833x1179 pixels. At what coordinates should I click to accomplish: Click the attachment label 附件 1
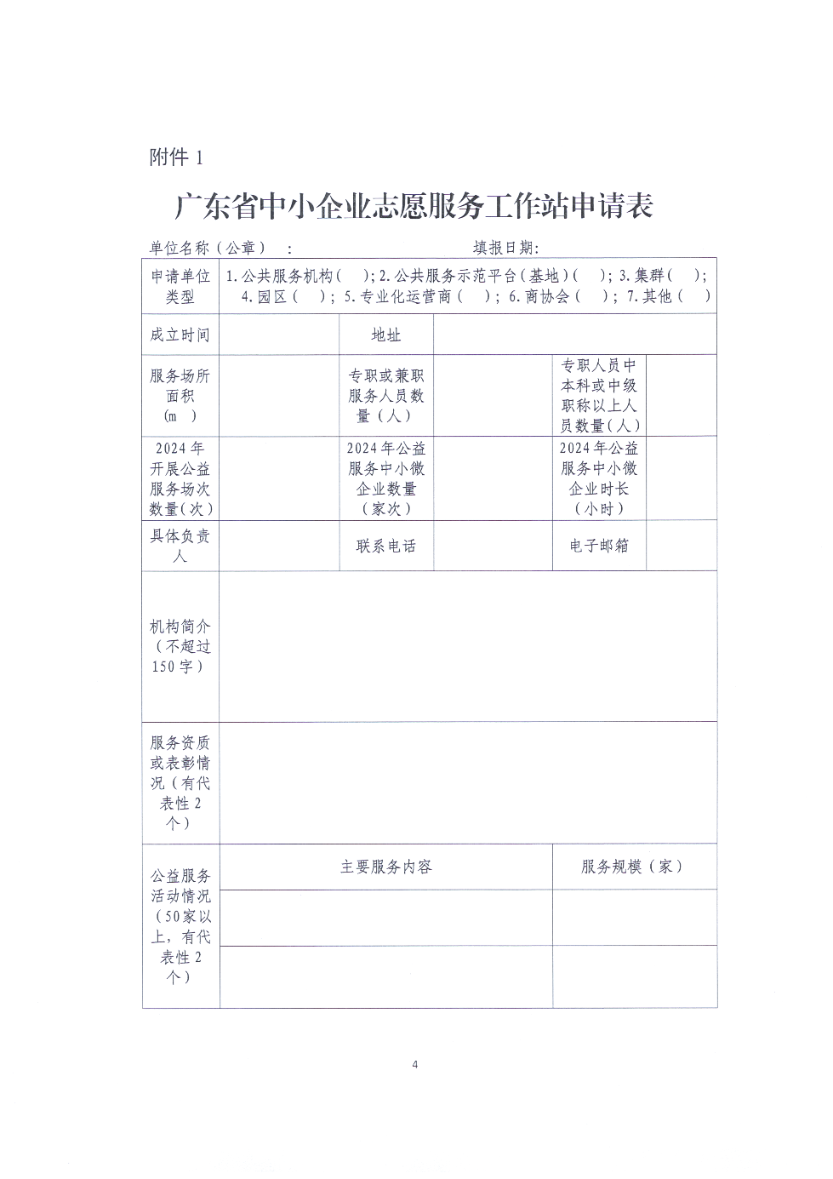click(176, 157)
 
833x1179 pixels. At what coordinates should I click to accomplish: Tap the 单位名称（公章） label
click(208, 248)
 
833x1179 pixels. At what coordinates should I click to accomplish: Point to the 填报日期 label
click(506, 248)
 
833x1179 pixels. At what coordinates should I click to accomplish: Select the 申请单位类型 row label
click(180, 286)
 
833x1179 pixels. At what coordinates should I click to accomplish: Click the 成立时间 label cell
click(180, 335)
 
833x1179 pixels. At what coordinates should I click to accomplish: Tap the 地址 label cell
click(386, 335)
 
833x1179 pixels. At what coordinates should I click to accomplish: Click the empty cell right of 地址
click(574, 335)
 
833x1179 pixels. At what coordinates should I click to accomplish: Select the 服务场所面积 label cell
click(180, 396)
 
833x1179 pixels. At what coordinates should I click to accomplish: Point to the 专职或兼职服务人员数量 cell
click(386, 396)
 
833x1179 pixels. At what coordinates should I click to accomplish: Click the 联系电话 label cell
click(386, 546)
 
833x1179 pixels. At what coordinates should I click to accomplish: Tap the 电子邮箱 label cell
click(599, 546)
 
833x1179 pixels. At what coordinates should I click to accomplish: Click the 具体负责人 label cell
click(180, 546)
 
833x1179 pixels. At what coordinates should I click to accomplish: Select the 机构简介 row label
click(180, 646)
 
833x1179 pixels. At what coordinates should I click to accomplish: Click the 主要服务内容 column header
click(386, 867)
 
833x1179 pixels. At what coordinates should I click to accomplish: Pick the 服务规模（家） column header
click(633, 867)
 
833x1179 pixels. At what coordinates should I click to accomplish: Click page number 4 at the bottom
click(415, 1064)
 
